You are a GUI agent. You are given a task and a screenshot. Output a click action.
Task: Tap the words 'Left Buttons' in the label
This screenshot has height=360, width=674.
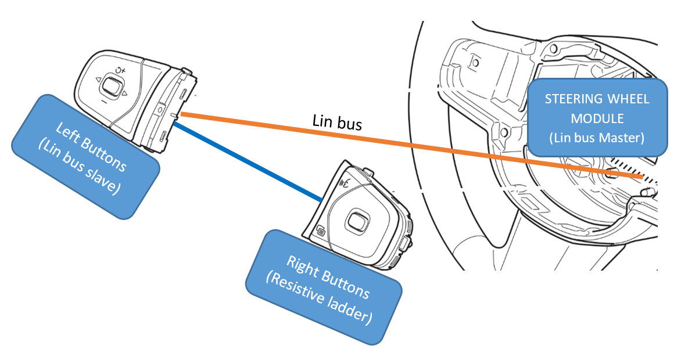(x=88, y=139)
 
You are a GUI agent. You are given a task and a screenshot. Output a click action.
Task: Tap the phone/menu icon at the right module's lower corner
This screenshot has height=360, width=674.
(x=320, y=232)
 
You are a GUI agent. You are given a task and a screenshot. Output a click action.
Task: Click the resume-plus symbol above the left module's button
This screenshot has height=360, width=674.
(x=120, y=71)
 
